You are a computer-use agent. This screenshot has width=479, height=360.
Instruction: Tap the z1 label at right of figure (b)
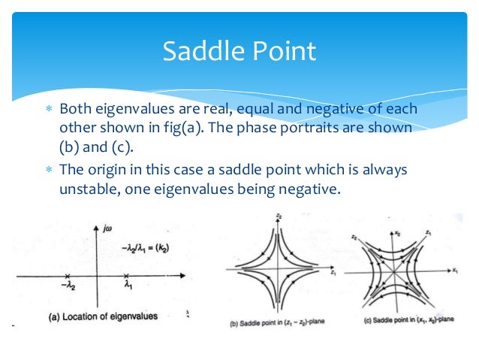point(331,275)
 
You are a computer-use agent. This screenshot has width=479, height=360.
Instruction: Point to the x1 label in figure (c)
point(455,268)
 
